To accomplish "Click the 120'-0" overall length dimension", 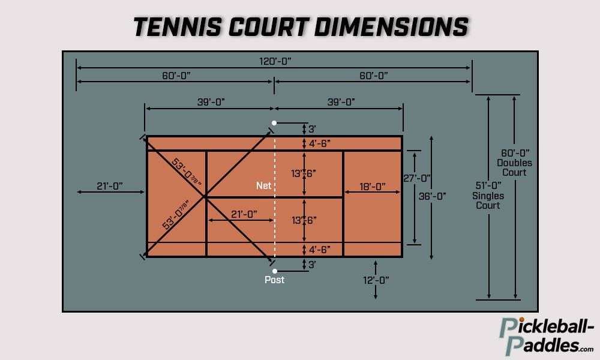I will pyautogui.click(x=274, y=61).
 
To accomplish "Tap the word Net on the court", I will pyautogui.click(x=264, y=186).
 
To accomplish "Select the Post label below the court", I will pyautogui.click(x=275, y=280).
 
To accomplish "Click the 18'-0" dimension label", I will pyautogui.click(x=372, y=187).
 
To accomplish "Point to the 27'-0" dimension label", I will pyautogui.click(x=417, y=178).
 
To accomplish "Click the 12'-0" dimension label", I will pyautogui.click(x=376, y=280).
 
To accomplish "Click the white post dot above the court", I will pyautogui.click(x=274, y=122).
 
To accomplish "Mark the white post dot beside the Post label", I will pyautogui.click(x=275, y=271).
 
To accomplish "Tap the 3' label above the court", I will pyautogui.click(x=311, y=129).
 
